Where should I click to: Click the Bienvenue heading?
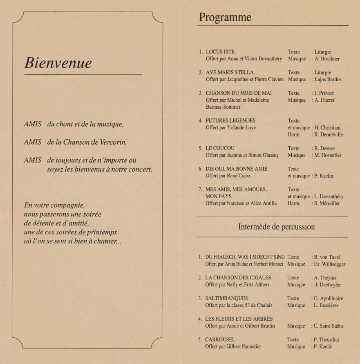58,63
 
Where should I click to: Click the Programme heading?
225,18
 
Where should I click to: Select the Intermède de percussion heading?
276,227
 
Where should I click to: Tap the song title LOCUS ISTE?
220,52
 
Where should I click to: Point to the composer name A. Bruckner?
327,59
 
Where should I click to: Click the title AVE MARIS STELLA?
230,73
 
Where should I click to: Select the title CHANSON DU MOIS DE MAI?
239,93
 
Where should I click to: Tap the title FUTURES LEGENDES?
230,121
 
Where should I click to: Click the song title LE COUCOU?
220,148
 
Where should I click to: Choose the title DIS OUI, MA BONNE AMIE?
237,169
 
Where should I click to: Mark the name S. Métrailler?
327,203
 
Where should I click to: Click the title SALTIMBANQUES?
226,299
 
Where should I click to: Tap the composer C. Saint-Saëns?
329,326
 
